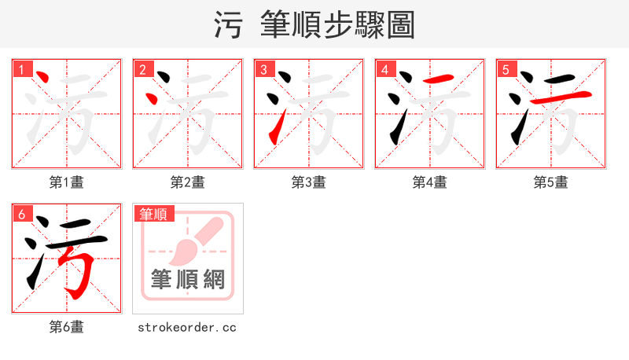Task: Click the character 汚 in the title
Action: click(x=229, y=24)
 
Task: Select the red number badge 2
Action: click(x=142, y=70)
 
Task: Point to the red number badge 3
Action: click(x=263, y=70)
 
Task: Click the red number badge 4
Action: click(x=384, y=70)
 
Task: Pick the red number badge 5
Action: click(x=506, y=70)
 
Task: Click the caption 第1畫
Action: click(x=67, y=182)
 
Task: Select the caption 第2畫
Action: click(x=188, y=182)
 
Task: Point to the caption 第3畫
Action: click(x=309, y=182)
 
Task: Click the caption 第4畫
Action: click(x=430, y=182)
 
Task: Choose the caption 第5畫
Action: click(x=551, y=182)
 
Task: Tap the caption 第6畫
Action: click(x=67, y=327)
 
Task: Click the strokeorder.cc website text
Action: click(x=187, y=327)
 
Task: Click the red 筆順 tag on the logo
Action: click(x=154, y=214)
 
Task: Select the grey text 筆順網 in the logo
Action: click(x=188, y=279)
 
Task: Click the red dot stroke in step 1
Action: click(x=43, y=79)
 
